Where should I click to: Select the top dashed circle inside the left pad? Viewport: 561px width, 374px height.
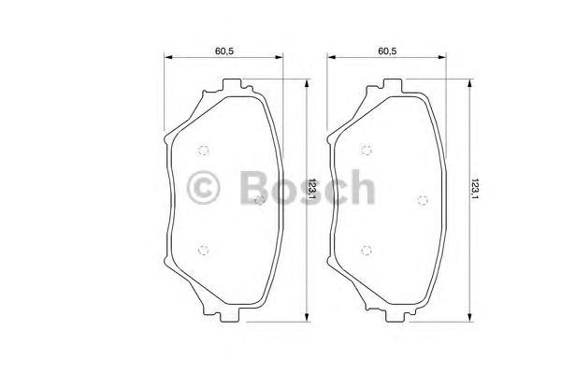point(205,151)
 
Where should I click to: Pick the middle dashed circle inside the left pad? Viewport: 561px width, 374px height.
point(260,199)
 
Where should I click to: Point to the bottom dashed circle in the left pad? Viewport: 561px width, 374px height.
point(205,248)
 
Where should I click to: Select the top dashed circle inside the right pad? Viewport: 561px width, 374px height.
point(367,151)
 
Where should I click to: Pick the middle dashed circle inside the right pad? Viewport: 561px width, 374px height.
point(422,199)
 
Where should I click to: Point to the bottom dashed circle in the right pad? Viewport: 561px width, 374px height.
point(367,248)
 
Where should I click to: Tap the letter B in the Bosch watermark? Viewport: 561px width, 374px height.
point(252,188)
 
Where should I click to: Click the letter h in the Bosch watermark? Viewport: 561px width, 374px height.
point(360,188)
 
